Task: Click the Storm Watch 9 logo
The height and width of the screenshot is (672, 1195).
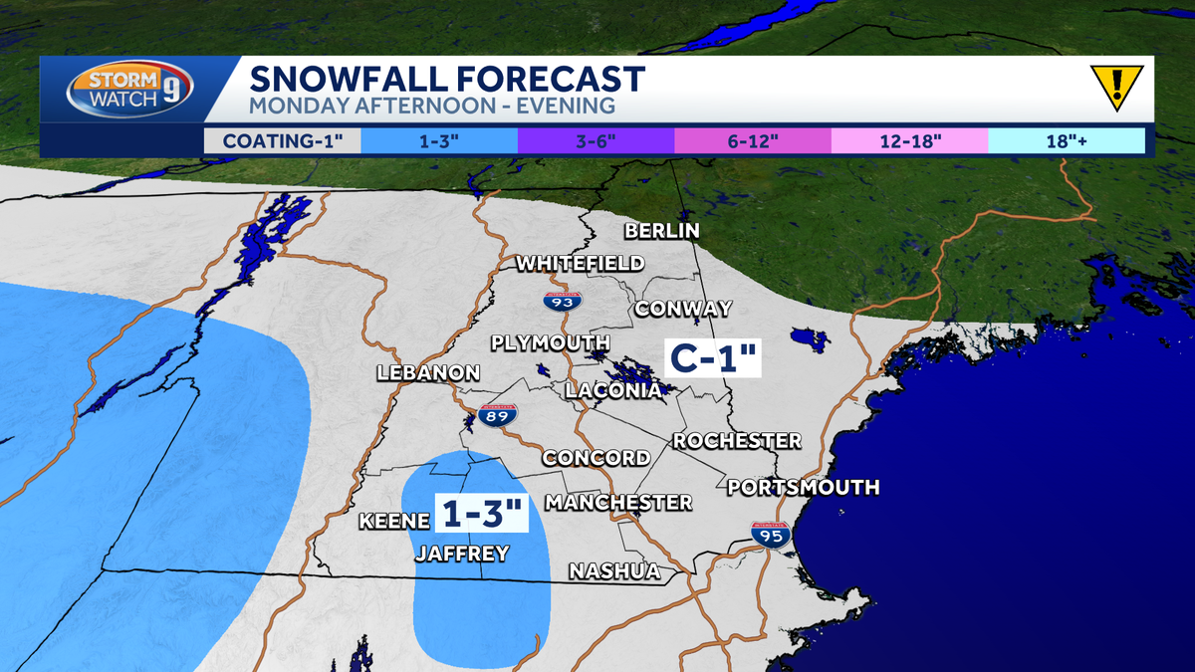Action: (x=129, y=90)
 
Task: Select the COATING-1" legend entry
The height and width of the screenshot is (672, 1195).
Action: (x=283, y=140)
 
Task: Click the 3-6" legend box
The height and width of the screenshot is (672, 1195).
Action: (x=596, y=140)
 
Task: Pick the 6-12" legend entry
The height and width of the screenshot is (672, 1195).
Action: (x=752, y=140)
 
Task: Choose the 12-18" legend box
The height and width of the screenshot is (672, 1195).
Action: (x=908, y=140)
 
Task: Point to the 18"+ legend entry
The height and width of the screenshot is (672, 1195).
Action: (x=1066, y=140)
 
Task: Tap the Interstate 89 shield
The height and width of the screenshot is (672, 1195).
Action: (x=498, y=416)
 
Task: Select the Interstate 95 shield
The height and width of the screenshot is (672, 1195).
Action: (x=771, y=536)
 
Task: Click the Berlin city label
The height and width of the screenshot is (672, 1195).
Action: (x=662, y=231)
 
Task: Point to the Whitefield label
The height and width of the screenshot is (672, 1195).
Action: (x=580, y=264)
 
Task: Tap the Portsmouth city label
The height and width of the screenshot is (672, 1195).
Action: (x=803, y=487)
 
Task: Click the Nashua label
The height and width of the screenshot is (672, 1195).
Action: (x=614, y=571)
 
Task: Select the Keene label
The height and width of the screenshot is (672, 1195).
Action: (x=393, y=521)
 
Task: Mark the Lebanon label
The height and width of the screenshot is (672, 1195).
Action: (x=428, y=373)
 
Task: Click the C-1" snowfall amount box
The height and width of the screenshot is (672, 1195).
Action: (x=712, y=356)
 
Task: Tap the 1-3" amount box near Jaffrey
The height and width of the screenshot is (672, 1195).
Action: (x=482, y=515)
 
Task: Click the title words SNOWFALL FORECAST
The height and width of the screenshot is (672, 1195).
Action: (x=447, y=79)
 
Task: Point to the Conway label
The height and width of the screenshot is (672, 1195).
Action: (x=683, y=309)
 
